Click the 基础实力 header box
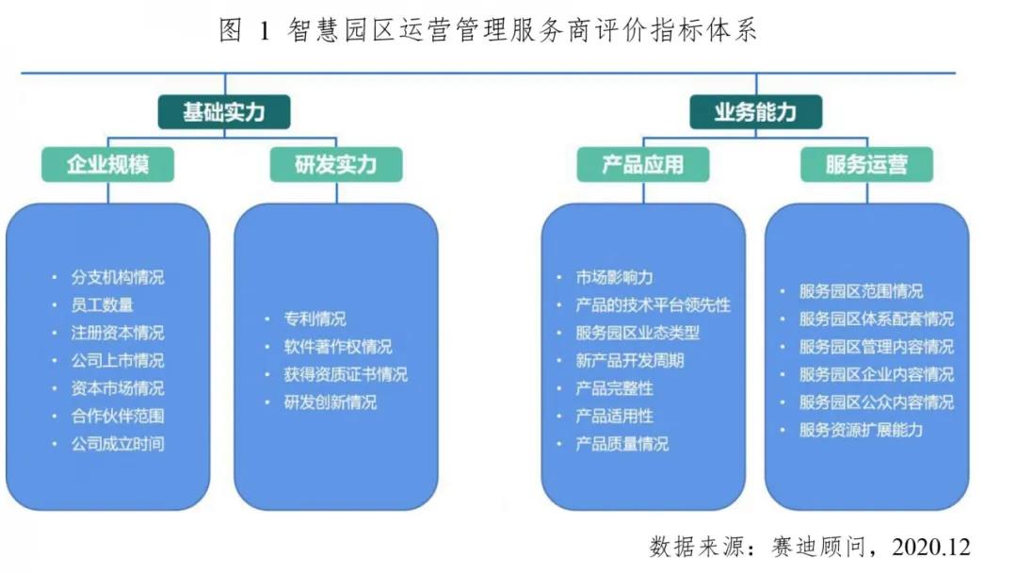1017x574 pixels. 224,111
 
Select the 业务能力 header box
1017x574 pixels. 755,111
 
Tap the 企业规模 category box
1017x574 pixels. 107,164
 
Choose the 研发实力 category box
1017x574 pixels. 336,164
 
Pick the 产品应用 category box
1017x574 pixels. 643,164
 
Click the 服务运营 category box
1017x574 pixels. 866,164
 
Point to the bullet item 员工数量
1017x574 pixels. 102,304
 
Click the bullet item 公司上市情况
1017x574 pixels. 118,360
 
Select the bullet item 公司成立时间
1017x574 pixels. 118,444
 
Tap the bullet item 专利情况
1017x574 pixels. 315,319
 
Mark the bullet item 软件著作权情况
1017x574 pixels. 338,347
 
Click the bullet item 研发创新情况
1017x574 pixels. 331,402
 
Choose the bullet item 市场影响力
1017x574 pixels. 614,277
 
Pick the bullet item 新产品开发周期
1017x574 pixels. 630,360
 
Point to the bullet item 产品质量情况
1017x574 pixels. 622,444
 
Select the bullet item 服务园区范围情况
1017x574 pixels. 861,291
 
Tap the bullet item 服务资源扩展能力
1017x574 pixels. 861,430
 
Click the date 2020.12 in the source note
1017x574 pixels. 930,547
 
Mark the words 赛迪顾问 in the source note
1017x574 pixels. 819,547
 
